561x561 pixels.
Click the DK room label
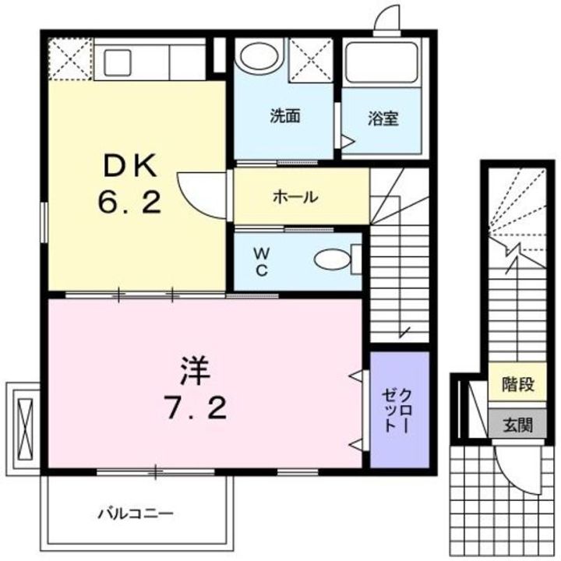[129, 166]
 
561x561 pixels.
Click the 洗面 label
[285, 117]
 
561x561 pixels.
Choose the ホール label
[295, 197]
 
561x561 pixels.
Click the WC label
[263, 261]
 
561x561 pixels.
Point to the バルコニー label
[136, 513]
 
